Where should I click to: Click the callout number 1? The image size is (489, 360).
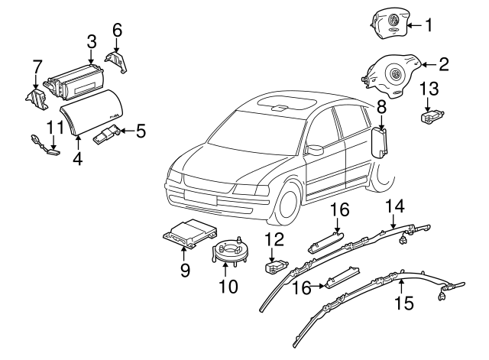[x=429, y=26]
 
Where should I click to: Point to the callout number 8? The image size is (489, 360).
[x=380, y=110]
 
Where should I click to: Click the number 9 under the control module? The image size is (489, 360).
[x=184, y=270]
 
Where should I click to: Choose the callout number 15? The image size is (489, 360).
[x=403, y=303]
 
